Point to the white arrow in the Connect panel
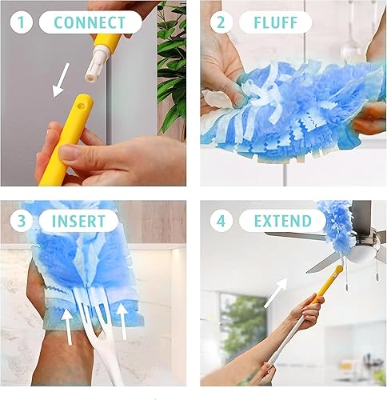tap(61, 81)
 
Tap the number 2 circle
tap(220, 22)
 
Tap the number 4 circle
tap(220, 220)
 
